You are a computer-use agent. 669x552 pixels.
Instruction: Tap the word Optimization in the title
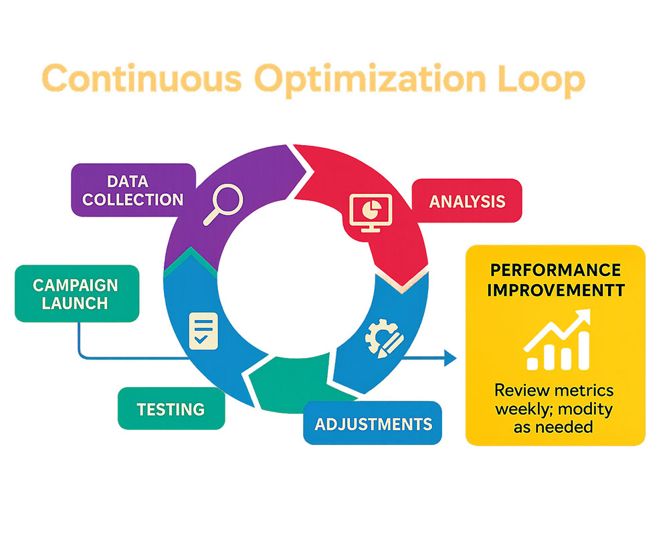(371, 80)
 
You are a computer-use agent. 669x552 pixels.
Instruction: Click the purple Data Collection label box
(133, 190)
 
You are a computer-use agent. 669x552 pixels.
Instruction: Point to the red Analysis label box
(467, 200)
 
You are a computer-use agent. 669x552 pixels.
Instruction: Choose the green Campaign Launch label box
(77, 293)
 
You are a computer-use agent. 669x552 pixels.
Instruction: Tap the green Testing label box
(171, 408)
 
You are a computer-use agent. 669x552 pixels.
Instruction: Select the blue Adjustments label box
(373, 423)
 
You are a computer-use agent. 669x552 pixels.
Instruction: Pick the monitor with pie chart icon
(371, 213)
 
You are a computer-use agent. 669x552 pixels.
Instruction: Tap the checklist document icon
(203, 331)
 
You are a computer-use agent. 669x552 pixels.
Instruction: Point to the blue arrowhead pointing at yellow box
(450, 358)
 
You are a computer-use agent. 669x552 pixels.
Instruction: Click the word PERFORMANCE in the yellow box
(555, 270)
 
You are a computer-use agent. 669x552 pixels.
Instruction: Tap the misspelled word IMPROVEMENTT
(556, 290)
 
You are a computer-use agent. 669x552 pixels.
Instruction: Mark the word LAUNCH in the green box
(75, 303)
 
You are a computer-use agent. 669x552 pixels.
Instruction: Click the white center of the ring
(296, 277)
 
